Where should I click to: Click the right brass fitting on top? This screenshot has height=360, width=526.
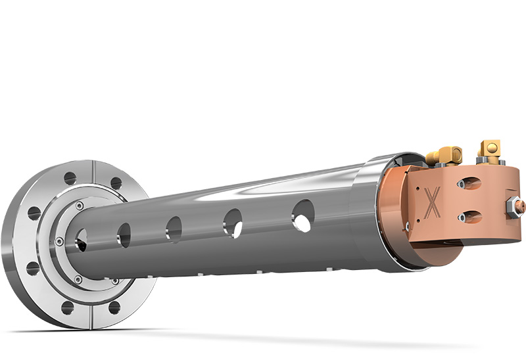[x=490, y=149]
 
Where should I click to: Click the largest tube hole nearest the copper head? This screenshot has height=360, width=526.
[x=302, y=215]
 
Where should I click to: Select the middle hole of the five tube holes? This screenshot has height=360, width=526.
[x=174, y=229]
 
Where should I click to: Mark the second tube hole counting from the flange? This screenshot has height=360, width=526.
[x=124, y=235]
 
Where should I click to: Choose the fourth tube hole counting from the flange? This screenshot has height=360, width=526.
[x=233, y=223]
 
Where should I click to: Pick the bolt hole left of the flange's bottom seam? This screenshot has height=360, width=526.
[x=67, y=307]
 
